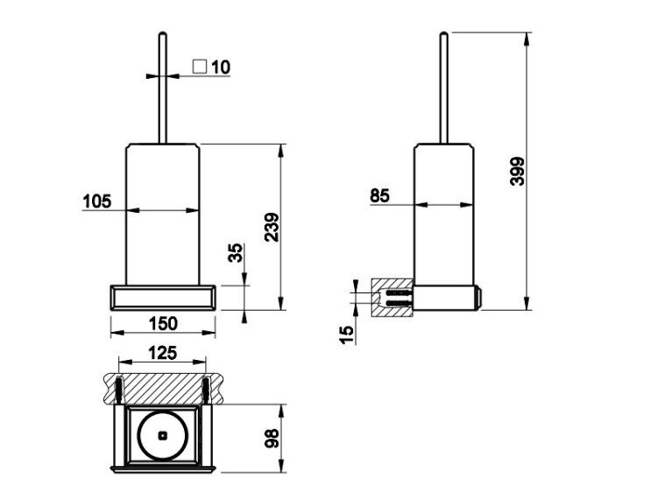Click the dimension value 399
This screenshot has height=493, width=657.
(517, 171)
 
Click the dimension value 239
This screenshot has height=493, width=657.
(272, 227)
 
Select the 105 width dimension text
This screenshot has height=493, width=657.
(97, 201)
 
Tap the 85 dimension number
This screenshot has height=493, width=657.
(379, 195)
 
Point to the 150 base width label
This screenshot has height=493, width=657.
(164, 323)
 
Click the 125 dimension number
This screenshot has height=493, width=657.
(163, 353)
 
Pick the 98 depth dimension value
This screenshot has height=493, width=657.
(272, 439)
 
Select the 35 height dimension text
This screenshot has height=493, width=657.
(236, 252)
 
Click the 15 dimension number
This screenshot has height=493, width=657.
(347, 335)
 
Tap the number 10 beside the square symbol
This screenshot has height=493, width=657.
(221, 67)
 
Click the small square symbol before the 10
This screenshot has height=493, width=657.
(200, 67)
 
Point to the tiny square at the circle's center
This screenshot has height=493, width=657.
(163, 436)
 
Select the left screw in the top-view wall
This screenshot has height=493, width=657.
(119, 390)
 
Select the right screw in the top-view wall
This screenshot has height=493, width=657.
(206, 390)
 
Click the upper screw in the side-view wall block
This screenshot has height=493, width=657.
(397, 292)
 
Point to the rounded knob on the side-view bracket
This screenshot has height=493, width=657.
(478, 298)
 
